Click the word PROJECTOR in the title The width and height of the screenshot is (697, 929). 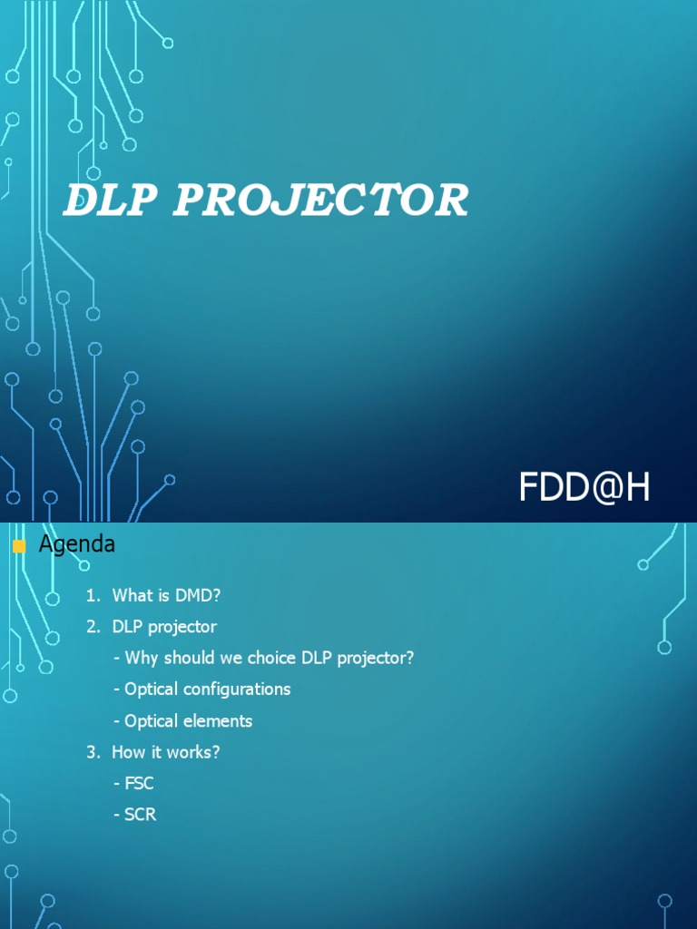pos(320,200)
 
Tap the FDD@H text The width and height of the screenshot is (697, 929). pos(584,488)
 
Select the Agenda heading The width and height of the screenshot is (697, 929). pos(76,544)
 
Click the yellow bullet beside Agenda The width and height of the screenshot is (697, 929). pos(19,546)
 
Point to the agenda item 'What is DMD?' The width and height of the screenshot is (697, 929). pos(167,595)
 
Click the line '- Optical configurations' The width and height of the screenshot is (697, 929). pos(202,689)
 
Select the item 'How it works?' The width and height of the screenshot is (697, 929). pos(165,752)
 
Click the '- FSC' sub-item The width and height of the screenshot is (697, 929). pos(133,784)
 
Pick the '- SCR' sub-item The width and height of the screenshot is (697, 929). pos(134,815)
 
